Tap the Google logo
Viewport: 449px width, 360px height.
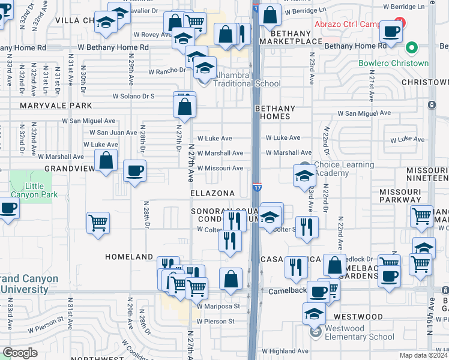(x=20, y=353)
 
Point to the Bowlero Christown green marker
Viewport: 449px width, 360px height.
(x=411, y=48)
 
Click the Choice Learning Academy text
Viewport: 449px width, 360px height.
(x=344, y=169)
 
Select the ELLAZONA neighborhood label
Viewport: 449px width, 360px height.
(x=212, y=194)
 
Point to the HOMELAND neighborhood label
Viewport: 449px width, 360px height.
(x=129, y=257)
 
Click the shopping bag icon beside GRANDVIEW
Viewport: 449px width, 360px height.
(x=106, y=161)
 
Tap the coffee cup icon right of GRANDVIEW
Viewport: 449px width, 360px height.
(x=134, y=170)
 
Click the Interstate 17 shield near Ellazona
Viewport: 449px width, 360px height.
(x=257, y=188)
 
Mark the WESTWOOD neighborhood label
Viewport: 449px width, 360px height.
(x=358, y=316)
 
